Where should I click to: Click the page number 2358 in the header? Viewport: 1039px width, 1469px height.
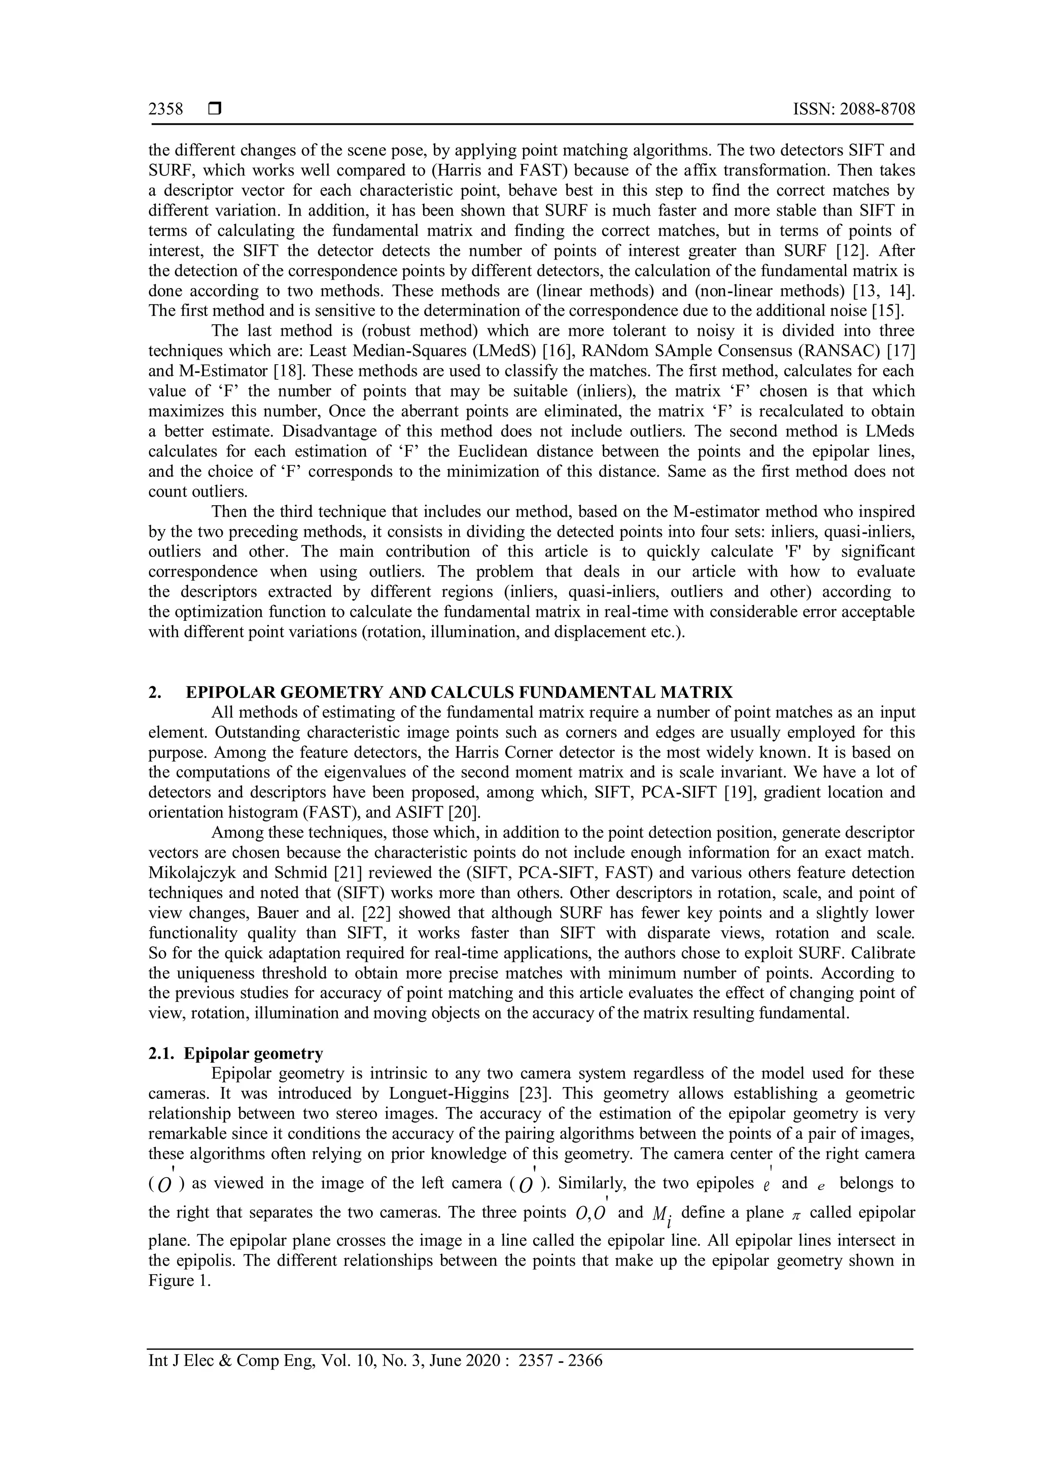[x=166, y=110]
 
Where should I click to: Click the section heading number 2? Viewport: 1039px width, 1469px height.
[x=154, y=692]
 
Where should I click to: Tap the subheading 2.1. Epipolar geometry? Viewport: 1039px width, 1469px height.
[x=235, y=1054]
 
